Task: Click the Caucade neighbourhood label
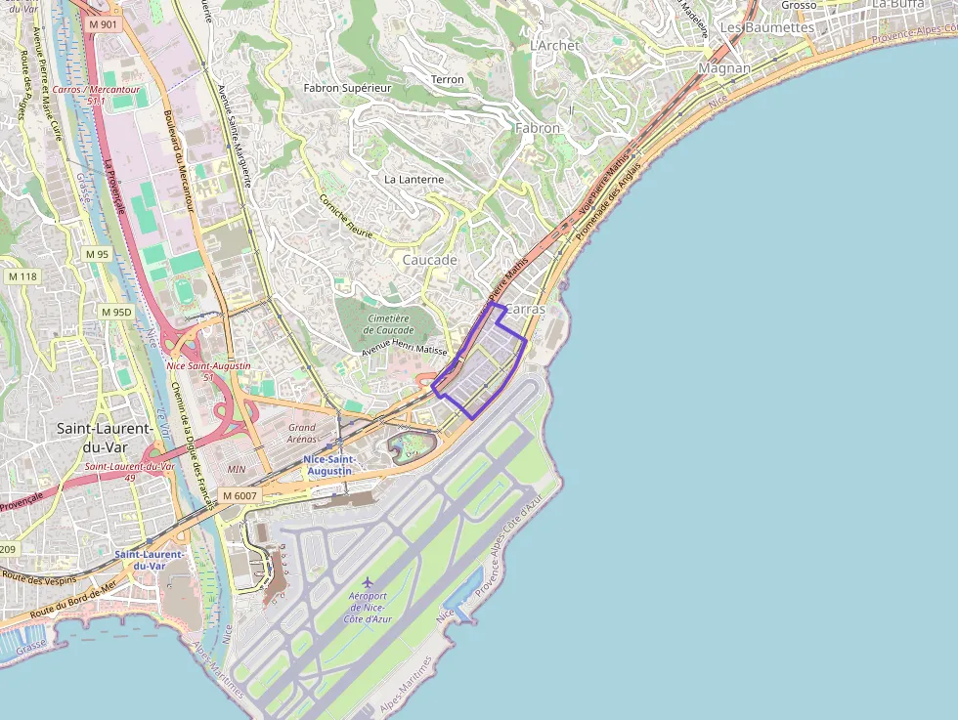tap(430, 261)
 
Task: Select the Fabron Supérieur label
tap(347, 88)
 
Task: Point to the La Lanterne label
tap(414, 180)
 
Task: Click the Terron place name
tap(448, 79)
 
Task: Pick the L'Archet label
tap(554, 46)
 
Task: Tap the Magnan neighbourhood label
tap(724, 68)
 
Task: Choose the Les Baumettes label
tap(767, 28)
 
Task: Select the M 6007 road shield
tap(239, 496)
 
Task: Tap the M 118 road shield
tap(22, 276)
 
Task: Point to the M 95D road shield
tap(116, 312)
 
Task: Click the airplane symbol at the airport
tap(369, 583)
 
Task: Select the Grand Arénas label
tap(302, 433)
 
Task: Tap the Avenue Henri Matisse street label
tap(405, 350)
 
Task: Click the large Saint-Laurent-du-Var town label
tap(104, 438)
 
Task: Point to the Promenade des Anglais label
tap(608, 201)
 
